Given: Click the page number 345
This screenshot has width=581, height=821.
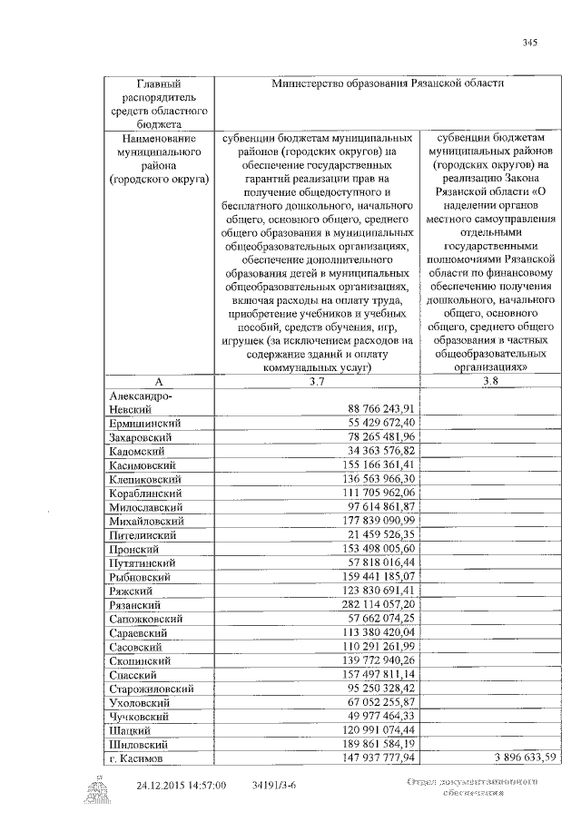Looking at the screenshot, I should tap(531, 43).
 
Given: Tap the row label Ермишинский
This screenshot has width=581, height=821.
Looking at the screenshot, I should tap(144, 423).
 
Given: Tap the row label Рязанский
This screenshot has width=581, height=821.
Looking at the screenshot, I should tap(135, 603).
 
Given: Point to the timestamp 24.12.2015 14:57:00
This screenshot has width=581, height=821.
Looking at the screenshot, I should tap(181, 784).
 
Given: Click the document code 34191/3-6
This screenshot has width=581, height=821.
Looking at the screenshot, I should tap(277, 784).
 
